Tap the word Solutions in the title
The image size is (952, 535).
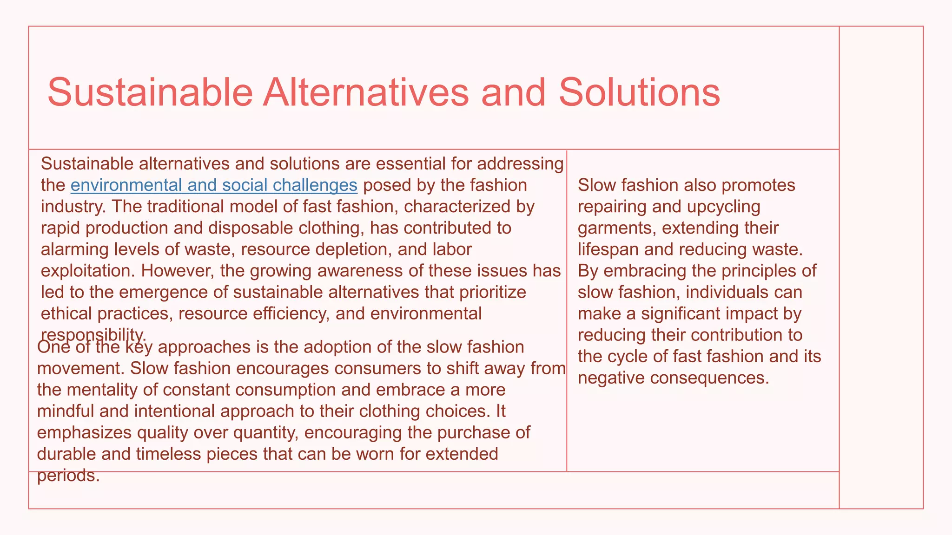pos(639,92)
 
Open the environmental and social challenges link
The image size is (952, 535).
pos(214,185)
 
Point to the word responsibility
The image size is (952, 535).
pos(93,334)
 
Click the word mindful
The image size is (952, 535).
pos(67,411)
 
